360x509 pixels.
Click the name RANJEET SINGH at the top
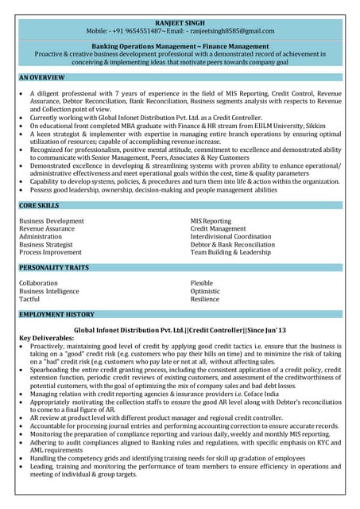[x=180, y=21]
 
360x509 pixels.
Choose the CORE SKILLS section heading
[x=41, y=206]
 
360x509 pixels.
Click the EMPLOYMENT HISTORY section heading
[x=56, y=315]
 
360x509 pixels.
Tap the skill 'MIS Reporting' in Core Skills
[x=211, y=220]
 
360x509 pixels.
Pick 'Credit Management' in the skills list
[x=219, y=228]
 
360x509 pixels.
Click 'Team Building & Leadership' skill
[x=230, y=252]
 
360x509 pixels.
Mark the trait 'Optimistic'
[x=205, y=291]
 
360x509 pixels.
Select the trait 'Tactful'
[x=29, y=299]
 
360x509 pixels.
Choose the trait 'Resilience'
[x=205, y=299]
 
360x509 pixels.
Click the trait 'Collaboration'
[x=38, y=282]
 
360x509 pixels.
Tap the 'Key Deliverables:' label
[x=46, y=337]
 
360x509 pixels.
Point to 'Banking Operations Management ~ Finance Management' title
[x=180, y=46]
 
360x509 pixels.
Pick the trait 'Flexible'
[x=202, y=282]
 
